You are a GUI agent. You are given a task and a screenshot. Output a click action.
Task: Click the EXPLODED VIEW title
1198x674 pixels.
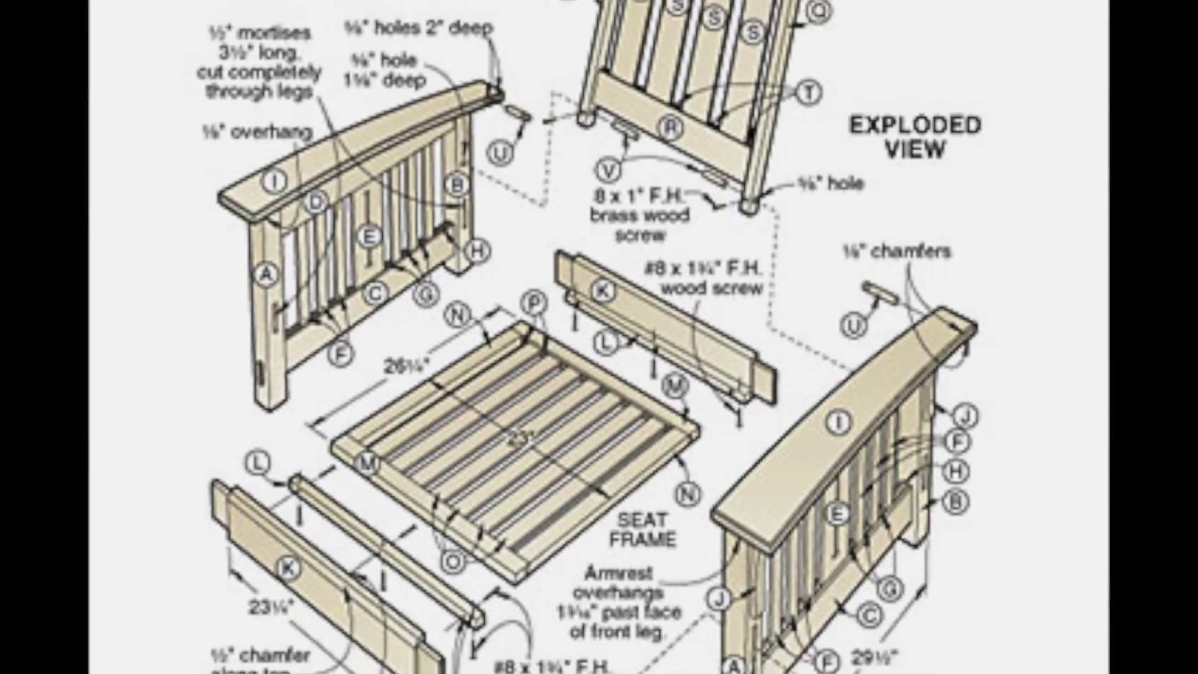click(x=914, y=137)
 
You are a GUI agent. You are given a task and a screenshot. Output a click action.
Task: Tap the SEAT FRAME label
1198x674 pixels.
click(x=642, y=529)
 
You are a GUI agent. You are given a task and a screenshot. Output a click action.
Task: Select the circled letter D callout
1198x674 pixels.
click(x=316, y=201)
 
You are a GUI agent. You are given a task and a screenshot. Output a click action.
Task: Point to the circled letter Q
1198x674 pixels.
click(x=817, y=11)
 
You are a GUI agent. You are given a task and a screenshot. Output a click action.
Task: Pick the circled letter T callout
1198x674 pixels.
click(x=808, y=92)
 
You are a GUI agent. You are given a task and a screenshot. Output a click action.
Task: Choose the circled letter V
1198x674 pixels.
click(x=608, y=169)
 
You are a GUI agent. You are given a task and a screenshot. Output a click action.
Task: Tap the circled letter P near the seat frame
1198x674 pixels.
click(x=533, y=302)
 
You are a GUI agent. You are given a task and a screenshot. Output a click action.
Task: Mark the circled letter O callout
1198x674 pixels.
click(x=453, y=561)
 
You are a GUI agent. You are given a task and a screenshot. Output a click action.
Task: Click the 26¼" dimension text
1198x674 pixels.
click(x=406, y=365)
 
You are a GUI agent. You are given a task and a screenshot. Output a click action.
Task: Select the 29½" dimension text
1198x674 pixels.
click(x=874, y=656)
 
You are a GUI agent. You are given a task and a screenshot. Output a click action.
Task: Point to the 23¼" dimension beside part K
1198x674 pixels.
click(x=270, y=607)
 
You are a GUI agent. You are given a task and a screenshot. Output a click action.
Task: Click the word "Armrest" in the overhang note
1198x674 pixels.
click(x=618, y=572)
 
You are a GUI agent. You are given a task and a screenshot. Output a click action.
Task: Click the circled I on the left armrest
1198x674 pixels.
click(x=274, y=181)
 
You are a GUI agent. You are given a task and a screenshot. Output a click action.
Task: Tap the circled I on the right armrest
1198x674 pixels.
click(x=837, y=423)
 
